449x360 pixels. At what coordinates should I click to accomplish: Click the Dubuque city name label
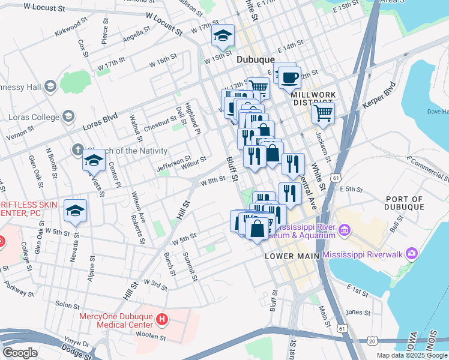tap(255, 59)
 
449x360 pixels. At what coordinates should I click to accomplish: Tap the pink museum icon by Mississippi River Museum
tap(345, 230)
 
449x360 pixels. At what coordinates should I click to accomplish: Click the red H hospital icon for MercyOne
tap(161, 319)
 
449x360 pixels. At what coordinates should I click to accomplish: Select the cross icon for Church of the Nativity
tap(77, 150)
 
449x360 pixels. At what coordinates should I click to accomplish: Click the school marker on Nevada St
tap(75, 211)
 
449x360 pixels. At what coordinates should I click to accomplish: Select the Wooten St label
tap(151, 337)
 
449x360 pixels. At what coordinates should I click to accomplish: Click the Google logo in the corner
tap(20, 353)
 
